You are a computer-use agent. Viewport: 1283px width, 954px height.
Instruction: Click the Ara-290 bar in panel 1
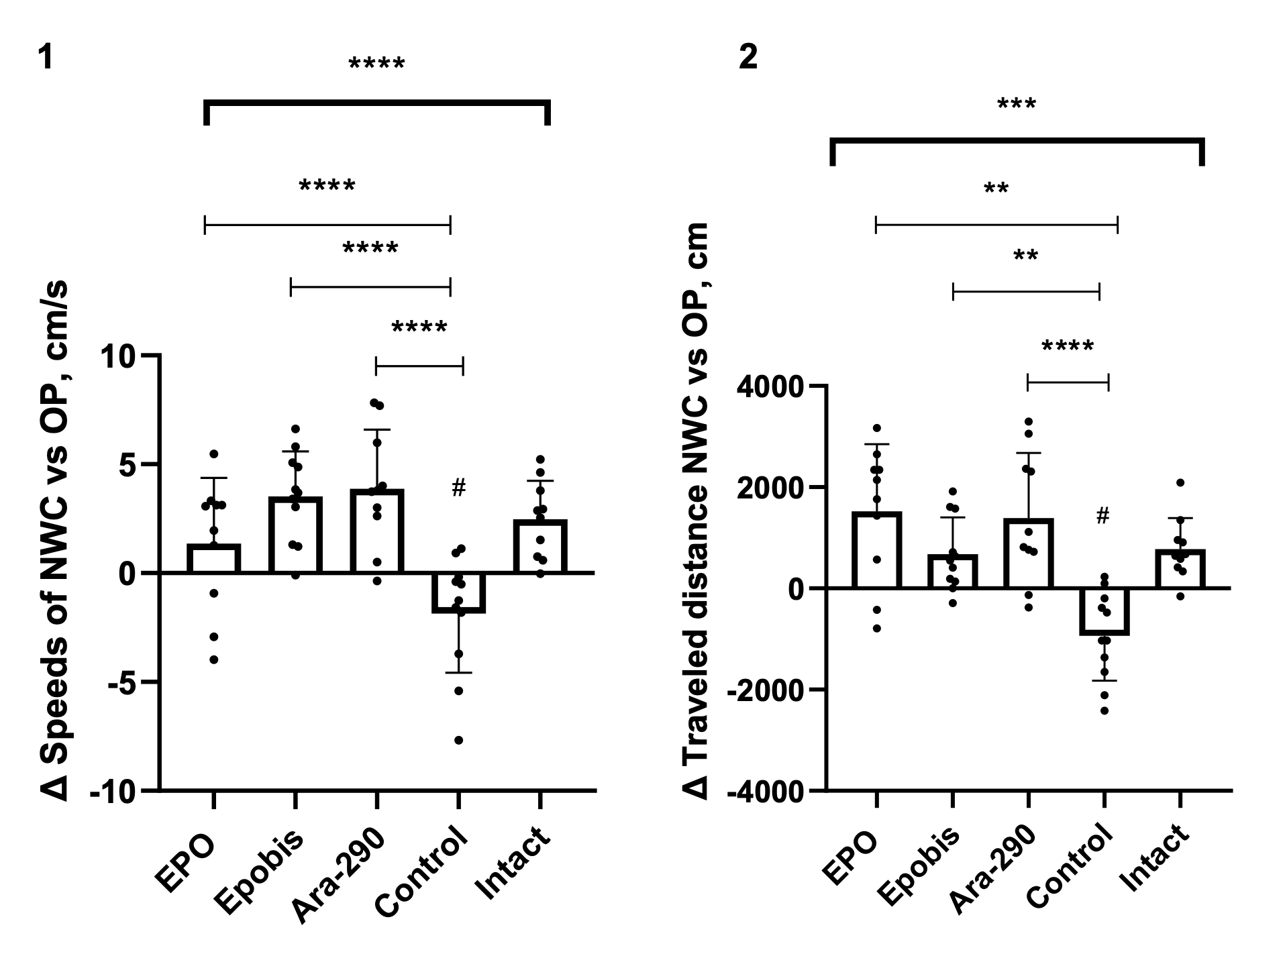pyautogui.click(x=376, y=531)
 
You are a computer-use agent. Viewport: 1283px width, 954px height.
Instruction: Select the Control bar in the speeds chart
pyautogui.click(x=458, y=592)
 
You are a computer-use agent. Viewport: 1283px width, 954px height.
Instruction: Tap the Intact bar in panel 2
pyautogui.click(x=1180, y=569)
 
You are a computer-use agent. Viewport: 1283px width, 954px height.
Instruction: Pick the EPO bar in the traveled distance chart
pyautogui.click(x=876, y=550)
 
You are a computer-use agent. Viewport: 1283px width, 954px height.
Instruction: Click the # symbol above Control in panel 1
pyautogui.click(x=458, y=488)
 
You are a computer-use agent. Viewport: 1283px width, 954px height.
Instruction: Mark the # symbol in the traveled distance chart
pyautogui.click(x=1102, y=516)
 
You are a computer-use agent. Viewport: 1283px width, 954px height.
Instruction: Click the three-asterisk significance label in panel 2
pyautogui.click(x=1017, y=105)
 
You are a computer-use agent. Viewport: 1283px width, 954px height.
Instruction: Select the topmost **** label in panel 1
pyautogui.click(x=376, y=65)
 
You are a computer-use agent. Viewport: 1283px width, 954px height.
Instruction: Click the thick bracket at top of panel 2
pyautogui.click(x=1017, y=140)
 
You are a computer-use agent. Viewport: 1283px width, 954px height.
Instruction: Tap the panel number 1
pyautogui.click(x=45, y=58)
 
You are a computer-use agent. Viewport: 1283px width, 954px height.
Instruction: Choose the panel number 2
pyautogui.click(x=748, y=58)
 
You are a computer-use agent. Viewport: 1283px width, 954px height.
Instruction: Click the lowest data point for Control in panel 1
pyautogui.click(x=459, y=741)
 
